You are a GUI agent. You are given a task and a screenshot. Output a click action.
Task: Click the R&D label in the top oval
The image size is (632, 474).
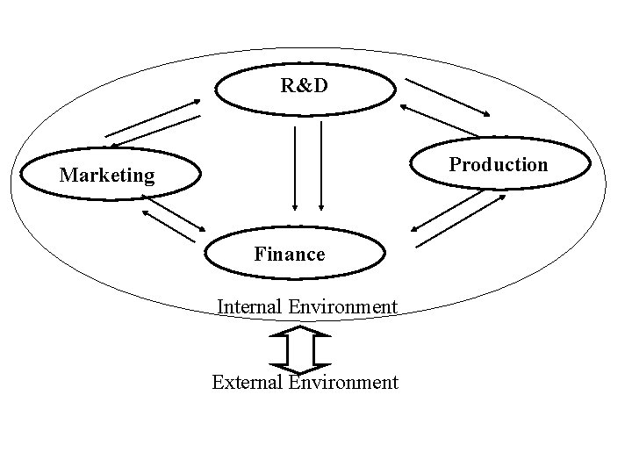coord(305,85)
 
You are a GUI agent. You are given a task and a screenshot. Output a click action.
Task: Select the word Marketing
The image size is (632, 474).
coord(106,176)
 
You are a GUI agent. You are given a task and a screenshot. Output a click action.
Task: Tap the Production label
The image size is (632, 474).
coord(499,164)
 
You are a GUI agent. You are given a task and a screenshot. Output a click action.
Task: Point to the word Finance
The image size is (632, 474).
coord(290,255)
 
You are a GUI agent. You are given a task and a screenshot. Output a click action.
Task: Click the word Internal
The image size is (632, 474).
coord(249,306)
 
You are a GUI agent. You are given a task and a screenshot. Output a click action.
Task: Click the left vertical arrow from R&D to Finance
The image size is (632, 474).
coord(295,167)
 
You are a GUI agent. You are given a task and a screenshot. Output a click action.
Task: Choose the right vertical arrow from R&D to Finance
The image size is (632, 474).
coord(321,167)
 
